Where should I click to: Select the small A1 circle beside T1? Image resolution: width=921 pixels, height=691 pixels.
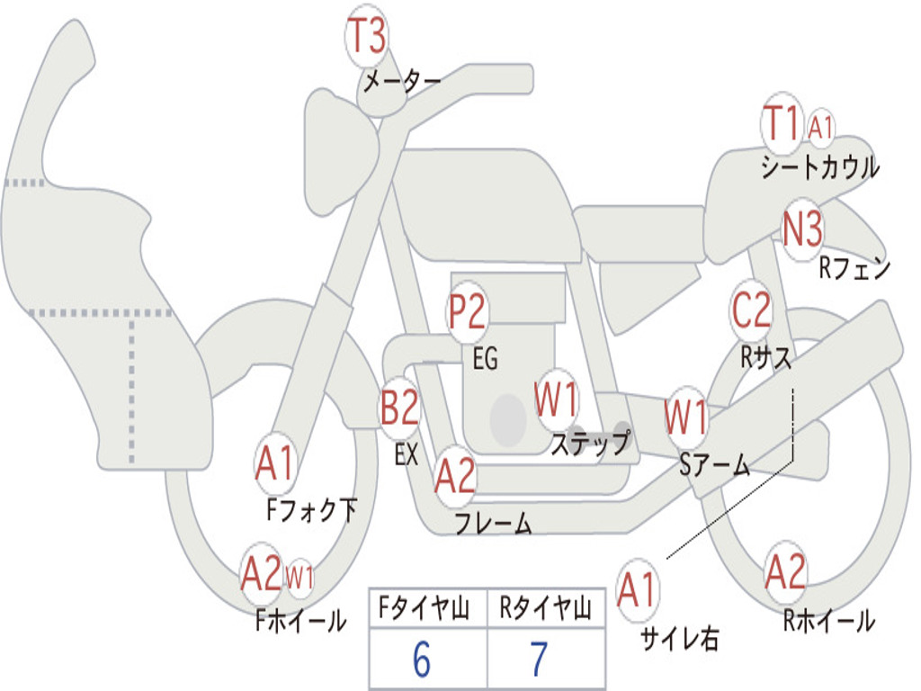tap(820, 128)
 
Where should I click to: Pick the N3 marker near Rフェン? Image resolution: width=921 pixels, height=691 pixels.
tap(802, 230)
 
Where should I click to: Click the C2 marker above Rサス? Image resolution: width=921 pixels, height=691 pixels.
tap(751, 310)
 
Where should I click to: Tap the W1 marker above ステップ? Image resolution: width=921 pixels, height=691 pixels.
tap(557, 399)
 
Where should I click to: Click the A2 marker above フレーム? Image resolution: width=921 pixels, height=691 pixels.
tap(455, 476)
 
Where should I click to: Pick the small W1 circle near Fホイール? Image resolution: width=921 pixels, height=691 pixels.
tap(300, 577)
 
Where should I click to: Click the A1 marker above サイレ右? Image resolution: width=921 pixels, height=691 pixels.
tap(638, 590)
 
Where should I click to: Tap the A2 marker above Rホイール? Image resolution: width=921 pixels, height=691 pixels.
tap(785, 571)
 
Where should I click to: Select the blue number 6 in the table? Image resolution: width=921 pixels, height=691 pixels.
tap(421, 660)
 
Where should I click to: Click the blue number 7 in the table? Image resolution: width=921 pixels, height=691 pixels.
tap(539, 660)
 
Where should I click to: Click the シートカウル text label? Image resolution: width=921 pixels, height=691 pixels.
tap(819, 168)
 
